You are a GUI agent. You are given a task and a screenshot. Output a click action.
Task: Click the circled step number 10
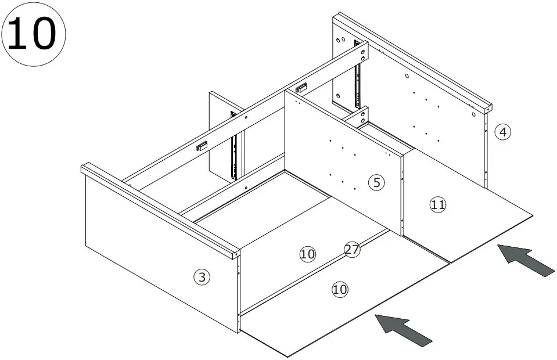pos(34,34)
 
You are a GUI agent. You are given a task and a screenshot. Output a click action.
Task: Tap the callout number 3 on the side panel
pos(201,277)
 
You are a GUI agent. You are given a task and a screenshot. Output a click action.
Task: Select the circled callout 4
pos(503,132)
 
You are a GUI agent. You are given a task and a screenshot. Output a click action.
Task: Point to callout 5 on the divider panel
pos(376,183)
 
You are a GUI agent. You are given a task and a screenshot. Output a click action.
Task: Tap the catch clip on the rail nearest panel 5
pos(301,88)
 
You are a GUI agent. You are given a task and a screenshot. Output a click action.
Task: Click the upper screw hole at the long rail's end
pos(363,51)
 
